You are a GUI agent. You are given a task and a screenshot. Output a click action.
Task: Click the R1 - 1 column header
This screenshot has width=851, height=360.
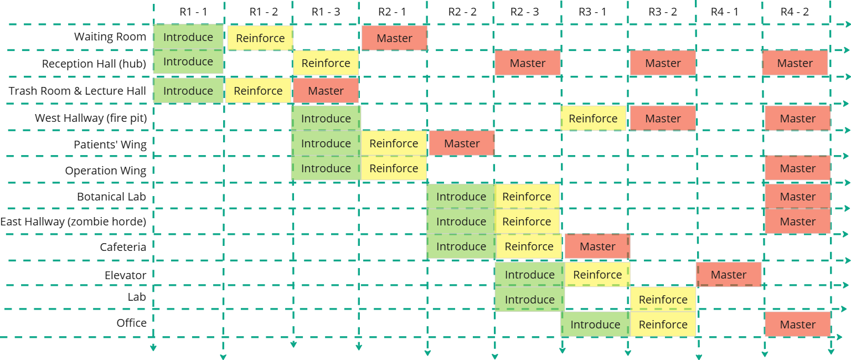[x=193, y=12]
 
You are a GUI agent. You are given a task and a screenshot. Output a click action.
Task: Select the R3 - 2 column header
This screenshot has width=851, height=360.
[x=662, y=12]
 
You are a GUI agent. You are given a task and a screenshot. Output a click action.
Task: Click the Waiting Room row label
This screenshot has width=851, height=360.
[x=110, y=37]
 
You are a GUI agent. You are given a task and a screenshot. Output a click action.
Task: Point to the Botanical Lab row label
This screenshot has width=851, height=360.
[x=111, y=197]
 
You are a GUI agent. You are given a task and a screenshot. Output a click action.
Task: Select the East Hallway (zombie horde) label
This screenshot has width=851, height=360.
[x=73, y=222]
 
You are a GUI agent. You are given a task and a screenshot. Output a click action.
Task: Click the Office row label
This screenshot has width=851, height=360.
[x=131, y=323]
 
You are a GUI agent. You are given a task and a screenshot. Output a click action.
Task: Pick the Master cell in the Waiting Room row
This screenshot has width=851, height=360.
[x=394, y=38]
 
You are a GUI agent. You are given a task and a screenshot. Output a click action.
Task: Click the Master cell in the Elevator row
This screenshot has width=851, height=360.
[x=729, y=275]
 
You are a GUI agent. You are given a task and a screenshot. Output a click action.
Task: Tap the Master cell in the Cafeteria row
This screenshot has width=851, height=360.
[x=597, y=246]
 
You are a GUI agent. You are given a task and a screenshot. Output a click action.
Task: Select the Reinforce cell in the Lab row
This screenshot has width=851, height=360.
[x=663, y=300]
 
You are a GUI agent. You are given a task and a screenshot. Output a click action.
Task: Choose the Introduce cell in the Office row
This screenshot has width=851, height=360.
[x=595, y=325]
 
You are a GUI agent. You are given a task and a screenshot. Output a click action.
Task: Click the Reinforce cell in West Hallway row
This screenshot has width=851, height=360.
[x=593, y=119]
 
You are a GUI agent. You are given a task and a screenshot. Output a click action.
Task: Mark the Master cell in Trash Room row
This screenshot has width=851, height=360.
[x=326, y=91]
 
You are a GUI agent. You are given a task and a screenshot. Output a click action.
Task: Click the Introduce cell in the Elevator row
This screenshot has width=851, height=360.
[x=529, y=275]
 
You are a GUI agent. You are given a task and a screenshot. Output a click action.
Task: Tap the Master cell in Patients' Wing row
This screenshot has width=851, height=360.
[x=462, y=143]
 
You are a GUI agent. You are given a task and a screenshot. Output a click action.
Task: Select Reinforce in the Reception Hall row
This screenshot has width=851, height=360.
[x=326, y=63]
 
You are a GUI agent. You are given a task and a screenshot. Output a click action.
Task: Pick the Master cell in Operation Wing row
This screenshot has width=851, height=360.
[x=797, y=168]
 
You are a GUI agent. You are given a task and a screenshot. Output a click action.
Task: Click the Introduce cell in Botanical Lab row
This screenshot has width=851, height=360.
[x=461, y=197]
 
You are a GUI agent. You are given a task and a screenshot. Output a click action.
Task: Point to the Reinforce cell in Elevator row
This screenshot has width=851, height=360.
[x=597, y=275]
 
